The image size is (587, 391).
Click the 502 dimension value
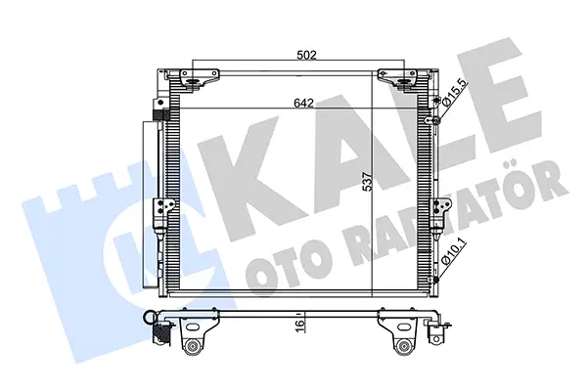306,55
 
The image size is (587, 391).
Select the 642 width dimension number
303,103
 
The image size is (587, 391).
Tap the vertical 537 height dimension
369,182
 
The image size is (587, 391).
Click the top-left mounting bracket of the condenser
198,79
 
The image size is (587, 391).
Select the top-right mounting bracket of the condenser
398,79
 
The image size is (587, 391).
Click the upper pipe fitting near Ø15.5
434,120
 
